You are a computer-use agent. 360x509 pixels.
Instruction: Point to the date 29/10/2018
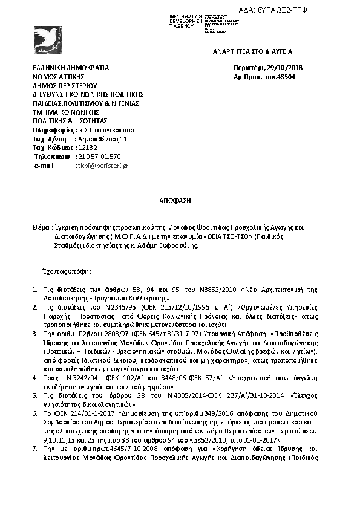(280, 68)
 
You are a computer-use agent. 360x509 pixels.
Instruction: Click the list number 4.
(35, 377)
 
